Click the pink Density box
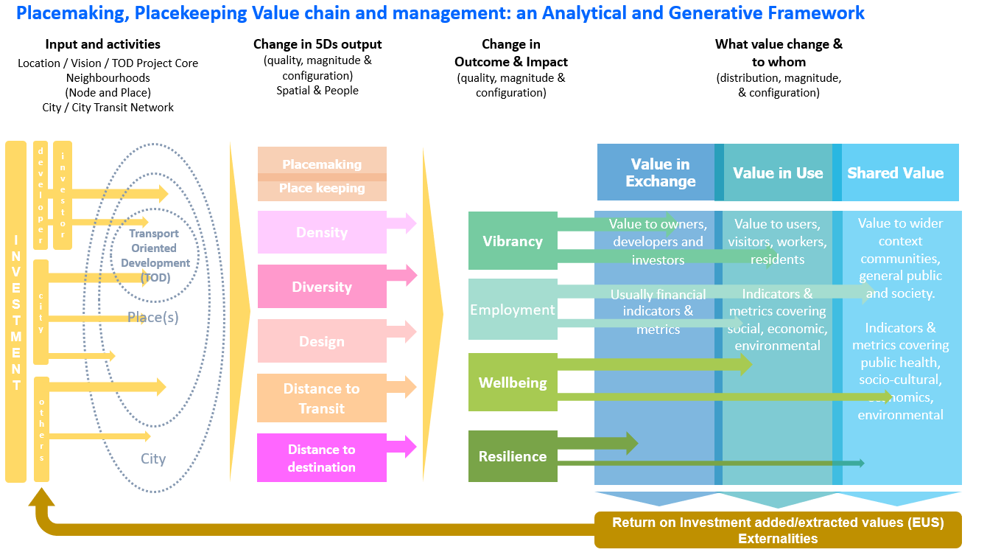322,232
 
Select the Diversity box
322,287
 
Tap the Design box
322,341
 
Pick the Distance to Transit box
322,398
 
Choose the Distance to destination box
322,458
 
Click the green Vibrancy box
513,241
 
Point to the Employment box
513,310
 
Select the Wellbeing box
513,383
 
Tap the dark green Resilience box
513,456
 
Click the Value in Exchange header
660,172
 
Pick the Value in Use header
778,172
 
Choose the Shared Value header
896,172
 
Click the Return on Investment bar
778,530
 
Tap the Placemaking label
322,164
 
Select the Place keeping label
322,189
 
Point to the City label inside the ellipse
153,458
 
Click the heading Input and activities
102,45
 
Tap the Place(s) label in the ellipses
153,318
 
